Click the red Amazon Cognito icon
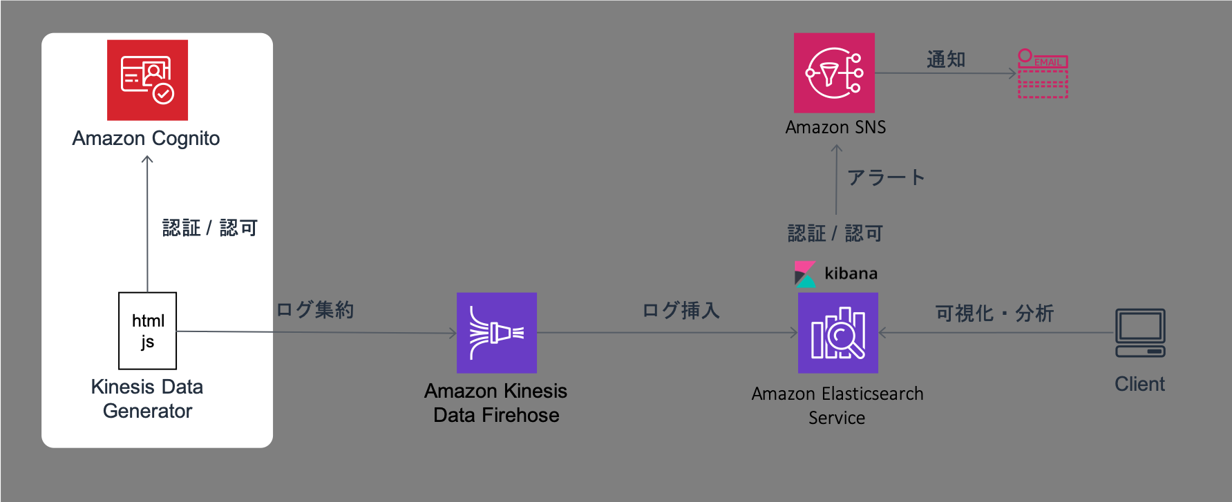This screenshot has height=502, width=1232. click(x=147, y=80)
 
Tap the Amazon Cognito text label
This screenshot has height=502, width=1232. click(x=146, y=139)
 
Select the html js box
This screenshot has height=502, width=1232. click(x=148, y=331)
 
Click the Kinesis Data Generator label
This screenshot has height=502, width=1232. click(x=147, y=398)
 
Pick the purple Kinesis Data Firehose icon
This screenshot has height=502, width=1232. click(x=497, y=333)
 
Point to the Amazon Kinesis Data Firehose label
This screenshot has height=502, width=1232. click(x=496, y=403)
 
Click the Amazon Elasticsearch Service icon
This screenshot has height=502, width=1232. click(x=838, y=333)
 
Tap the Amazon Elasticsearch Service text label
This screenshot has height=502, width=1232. click(x=837, y=405)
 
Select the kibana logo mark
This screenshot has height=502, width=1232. click(x=805, y=274)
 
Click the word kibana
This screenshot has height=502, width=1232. click(x=851, y=273)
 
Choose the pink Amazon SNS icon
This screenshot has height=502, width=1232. click(x=834, y=73)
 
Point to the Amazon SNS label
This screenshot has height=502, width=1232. click(x=835, y=127)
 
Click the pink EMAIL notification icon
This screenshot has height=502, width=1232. click(x=1043, y=73)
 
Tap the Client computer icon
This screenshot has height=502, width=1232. click(x=1140, y=333)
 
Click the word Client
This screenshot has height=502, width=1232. click(x=1139, y=384)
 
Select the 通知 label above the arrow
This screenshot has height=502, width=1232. click(x=946, y=60)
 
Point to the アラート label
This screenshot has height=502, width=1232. click(x=886, y=177)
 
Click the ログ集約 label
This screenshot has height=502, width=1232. click(x=315, y=309)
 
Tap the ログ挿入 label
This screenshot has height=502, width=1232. click(x=681, y=311)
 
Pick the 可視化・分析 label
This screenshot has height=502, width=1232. click(x=994, y=313)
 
